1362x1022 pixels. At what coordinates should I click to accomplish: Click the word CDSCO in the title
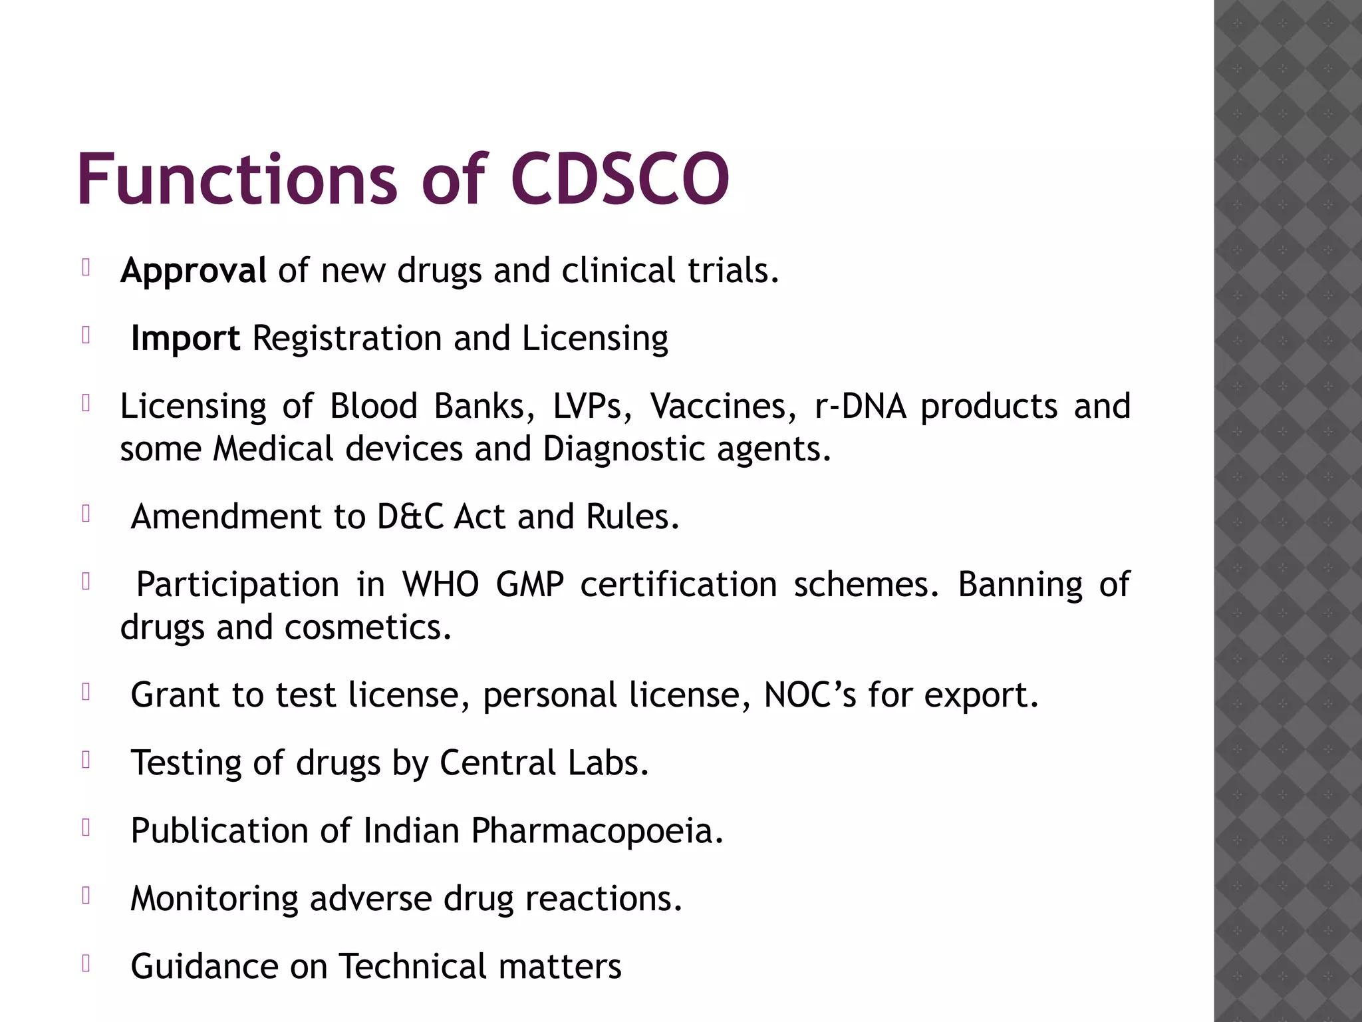pyautogui.click(x=620, y=180)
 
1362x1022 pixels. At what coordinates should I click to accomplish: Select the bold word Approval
pyautogui.click(x=194, y=271)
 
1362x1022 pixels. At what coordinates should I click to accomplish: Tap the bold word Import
pyautogui.click(x=185, y=339)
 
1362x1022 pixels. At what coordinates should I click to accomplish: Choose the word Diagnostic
pyautogui.click(x=624, y=449)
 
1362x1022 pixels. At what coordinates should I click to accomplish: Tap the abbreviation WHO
pyautogui.click(x=440, y=585)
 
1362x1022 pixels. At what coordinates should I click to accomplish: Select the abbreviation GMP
pyautogui.click(x=530, y=585)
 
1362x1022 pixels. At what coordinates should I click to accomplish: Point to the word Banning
pyautogui.click(x=1020, y=585)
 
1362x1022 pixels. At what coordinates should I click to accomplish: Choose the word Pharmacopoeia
pyautogui.click(x=597, y=831)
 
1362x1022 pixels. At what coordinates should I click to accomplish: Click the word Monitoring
pyautogui.click(x=214, y=899)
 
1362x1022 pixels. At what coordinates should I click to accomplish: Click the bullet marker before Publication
pyautogui.click(x=86, y=828)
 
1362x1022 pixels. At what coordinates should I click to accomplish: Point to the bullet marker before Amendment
pyautogui.click(x=86, y=514)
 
